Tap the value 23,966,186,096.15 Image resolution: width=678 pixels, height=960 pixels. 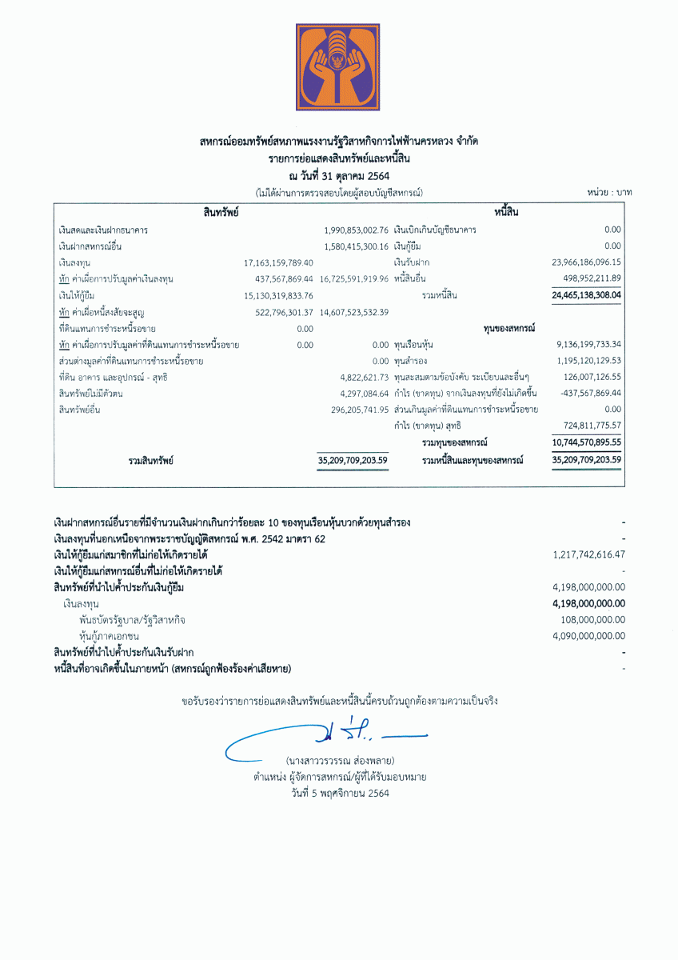click(x=586, y=262)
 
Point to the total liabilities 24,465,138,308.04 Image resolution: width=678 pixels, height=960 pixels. click(x=586, y=295)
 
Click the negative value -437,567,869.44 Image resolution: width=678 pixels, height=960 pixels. click(x=587, y=394)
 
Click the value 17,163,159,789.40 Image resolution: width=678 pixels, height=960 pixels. click(x=278, y=262)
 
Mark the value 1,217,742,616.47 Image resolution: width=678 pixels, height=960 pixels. click(x=588, y=554)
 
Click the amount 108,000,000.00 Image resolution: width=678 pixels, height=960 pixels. click(x=593, y=620)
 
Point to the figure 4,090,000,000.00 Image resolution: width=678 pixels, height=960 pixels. click(x=588, y=636)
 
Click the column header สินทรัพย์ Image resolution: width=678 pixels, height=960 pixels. click(x=221, y=213)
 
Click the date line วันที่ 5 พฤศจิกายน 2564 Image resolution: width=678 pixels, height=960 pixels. click(x=340, y=794)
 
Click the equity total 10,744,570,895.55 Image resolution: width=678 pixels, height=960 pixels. click(x=586, y=442)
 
